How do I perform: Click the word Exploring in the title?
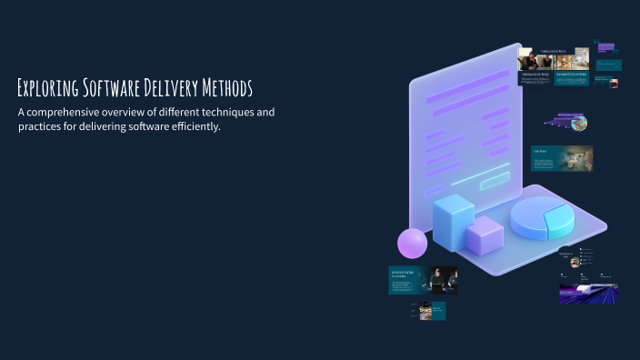coord(47,88)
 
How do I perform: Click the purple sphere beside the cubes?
coord(412,243)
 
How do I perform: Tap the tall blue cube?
coord(453,222)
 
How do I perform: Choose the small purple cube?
coord(484,235)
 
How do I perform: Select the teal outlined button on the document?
coord(495,181)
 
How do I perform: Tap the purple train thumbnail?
coord(588,293)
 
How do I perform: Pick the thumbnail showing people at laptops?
coord(424,280)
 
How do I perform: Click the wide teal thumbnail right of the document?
coord(561,158)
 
